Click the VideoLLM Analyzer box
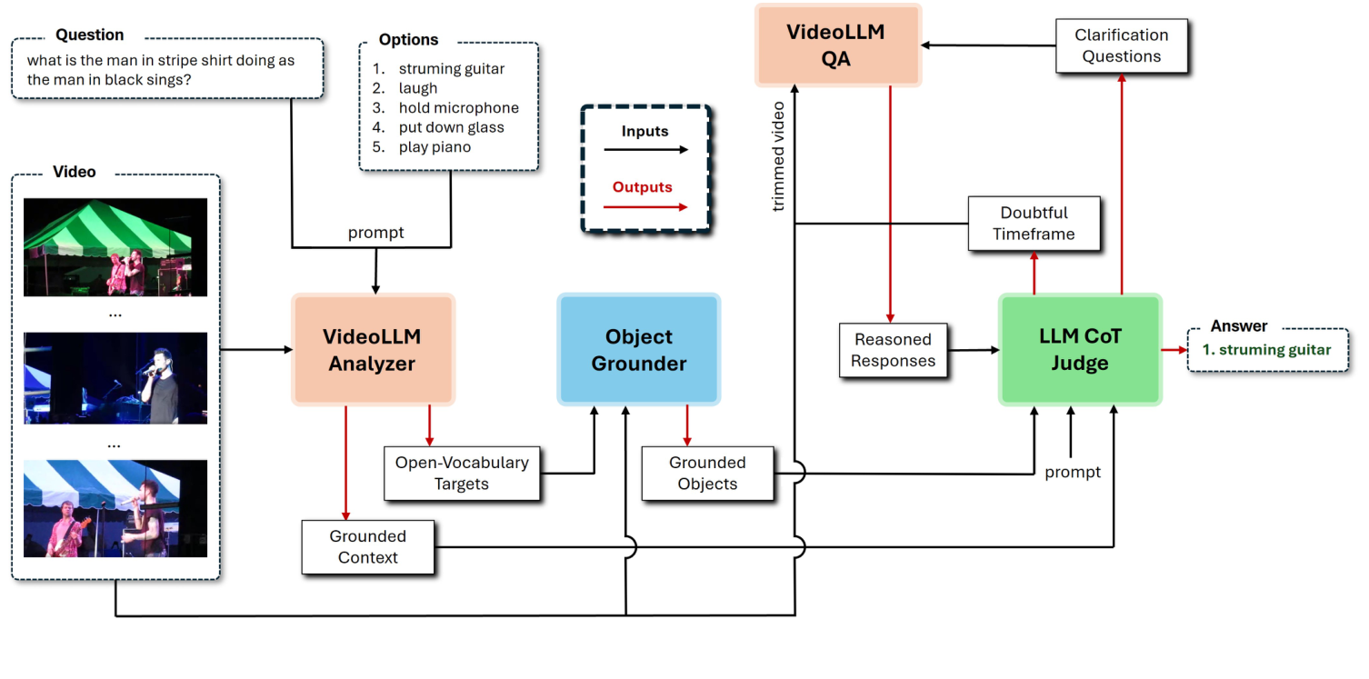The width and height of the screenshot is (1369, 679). (372, 350)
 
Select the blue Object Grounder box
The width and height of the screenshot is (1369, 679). (638, 350)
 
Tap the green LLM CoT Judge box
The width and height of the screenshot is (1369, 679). (1080, 350)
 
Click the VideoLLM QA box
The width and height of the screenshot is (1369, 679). (834, 45)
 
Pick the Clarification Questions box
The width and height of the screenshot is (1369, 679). (1121, 45)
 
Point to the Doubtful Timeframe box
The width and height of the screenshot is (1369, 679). (1033, 224)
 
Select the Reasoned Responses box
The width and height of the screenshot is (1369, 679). (893, 350)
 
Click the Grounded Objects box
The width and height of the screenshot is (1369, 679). (707, 474)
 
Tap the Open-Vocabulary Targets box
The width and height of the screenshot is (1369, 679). (461, 474)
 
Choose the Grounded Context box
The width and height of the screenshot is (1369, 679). (367, 547)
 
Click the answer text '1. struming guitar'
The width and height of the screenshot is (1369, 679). (1265, 350)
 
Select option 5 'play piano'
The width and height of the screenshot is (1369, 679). (434, 147)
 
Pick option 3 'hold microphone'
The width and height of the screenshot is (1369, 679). (457, 108)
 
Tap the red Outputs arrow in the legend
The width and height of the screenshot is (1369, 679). (645, 206)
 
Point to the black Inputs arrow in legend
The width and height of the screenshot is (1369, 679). (645, 150)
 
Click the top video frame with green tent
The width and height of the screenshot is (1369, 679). (115, 247)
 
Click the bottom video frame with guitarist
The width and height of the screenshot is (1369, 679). (115, 509)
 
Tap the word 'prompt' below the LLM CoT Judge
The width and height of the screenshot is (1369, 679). (1072, 472)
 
